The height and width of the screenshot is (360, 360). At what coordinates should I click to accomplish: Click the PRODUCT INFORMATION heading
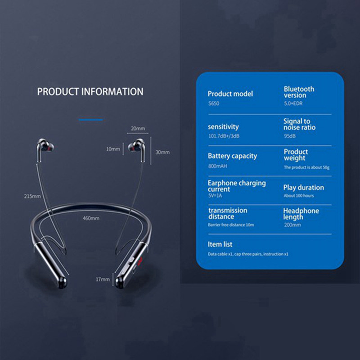(x=90, y=92)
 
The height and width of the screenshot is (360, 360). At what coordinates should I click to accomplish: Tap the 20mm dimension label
(x=138, y=129)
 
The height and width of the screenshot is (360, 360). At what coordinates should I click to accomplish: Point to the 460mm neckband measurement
(x=91, y=218)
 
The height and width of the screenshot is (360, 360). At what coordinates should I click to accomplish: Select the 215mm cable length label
(x=32, y=196)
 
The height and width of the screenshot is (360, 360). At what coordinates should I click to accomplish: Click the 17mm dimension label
(x=103, y=279)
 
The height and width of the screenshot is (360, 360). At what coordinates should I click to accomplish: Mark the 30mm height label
(x=162, y=152)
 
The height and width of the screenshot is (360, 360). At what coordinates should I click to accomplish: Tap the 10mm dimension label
(x=113, y=149)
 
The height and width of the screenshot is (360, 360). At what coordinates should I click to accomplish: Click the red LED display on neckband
(x=139, y=261)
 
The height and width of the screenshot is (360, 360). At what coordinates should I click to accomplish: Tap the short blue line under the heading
(x=91, y=120)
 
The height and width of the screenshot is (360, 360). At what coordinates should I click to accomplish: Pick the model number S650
(x=214, y=103)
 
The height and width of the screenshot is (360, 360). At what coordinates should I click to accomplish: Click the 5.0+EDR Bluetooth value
(x=293, y=103)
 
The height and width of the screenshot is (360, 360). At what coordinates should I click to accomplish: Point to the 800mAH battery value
(x=217, y=166)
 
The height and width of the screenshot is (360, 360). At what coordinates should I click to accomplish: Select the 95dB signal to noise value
(x=290, y=136)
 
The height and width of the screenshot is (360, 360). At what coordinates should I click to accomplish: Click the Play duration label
(x=303, y=188)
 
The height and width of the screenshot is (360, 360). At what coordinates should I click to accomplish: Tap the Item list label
(x=220, y=244)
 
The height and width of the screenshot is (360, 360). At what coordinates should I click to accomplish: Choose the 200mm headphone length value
(x=292, y=225)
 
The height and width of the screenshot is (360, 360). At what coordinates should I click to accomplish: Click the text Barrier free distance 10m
(x=231, y=225)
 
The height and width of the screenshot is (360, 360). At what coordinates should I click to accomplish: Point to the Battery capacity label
(x=232, y=156)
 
